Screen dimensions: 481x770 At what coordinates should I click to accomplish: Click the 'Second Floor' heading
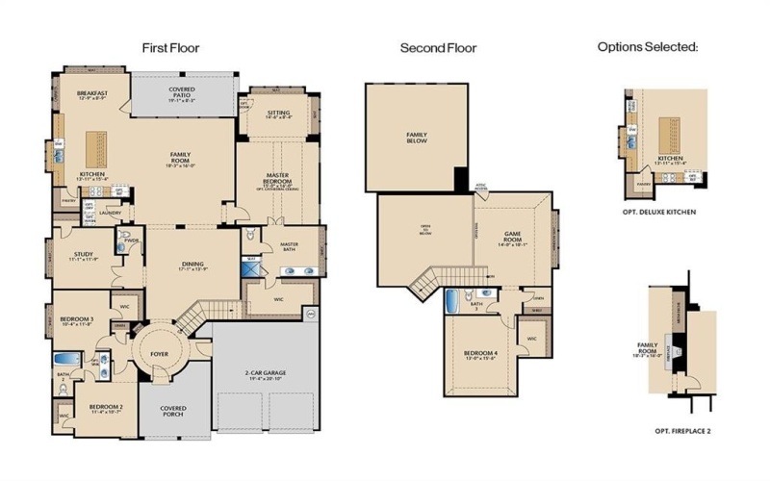tap(438, 48)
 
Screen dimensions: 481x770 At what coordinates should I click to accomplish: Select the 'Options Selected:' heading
tap(647, 46)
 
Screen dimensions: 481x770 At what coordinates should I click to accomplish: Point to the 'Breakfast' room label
tap(92, 93)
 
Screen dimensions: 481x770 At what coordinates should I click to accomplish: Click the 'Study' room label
tap(85, 255)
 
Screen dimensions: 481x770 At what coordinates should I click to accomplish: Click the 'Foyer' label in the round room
tap(160, 355)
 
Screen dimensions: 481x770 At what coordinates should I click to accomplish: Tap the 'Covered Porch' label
tap(173, 408)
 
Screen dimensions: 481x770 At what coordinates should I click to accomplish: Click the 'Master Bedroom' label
tap(278, 178)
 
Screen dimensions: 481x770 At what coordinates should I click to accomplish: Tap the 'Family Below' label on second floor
tap(418, 139)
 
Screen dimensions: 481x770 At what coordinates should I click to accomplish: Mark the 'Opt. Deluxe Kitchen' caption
tap(659, 210)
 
